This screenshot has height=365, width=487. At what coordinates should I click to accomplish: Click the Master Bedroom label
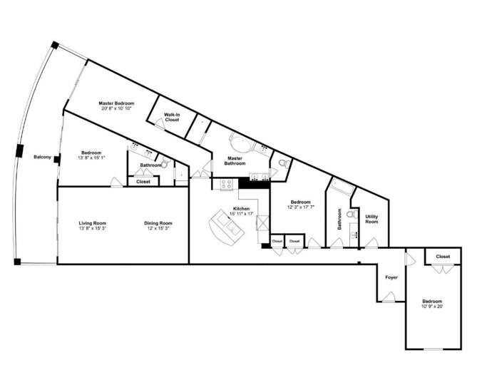(x=116, y=103)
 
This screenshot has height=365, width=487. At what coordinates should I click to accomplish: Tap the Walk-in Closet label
(x=172, y=117)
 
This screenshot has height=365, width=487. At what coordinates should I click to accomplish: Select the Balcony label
(x=42, y=157)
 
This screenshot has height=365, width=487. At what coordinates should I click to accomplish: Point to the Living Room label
(x=92, y=224)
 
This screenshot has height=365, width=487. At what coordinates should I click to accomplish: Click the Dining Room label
(x=158, y=224)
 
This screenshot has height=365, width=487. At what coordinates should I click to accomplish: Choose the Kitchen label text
(x=240, y=209)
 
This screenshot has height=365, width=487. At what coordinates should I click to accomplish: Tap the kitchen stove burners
(x=227, y=184)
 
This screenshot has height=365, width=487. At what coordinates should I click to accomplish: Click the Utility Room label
(x=371, y=219)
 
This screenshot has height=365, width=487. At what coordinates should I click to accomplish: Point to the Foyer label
(x=391, y=277)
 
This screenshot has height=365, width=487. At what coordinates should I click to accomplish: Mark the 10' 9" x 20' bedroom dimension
(x=431, y=307)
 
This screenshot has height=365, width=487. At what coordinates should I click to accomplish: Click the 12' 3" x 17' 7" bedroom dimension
(x=301, y=207)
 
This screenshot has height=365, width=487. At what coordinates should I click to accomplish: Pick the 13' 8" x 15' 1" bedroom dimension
(x=91, y=158)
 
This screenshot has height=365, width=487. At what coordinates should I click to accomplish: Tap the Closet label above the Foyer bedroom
(x=443, y=257)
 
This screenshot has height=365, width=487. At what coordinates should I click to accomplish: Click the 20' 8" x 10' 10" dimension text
(x=116, y=109)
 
